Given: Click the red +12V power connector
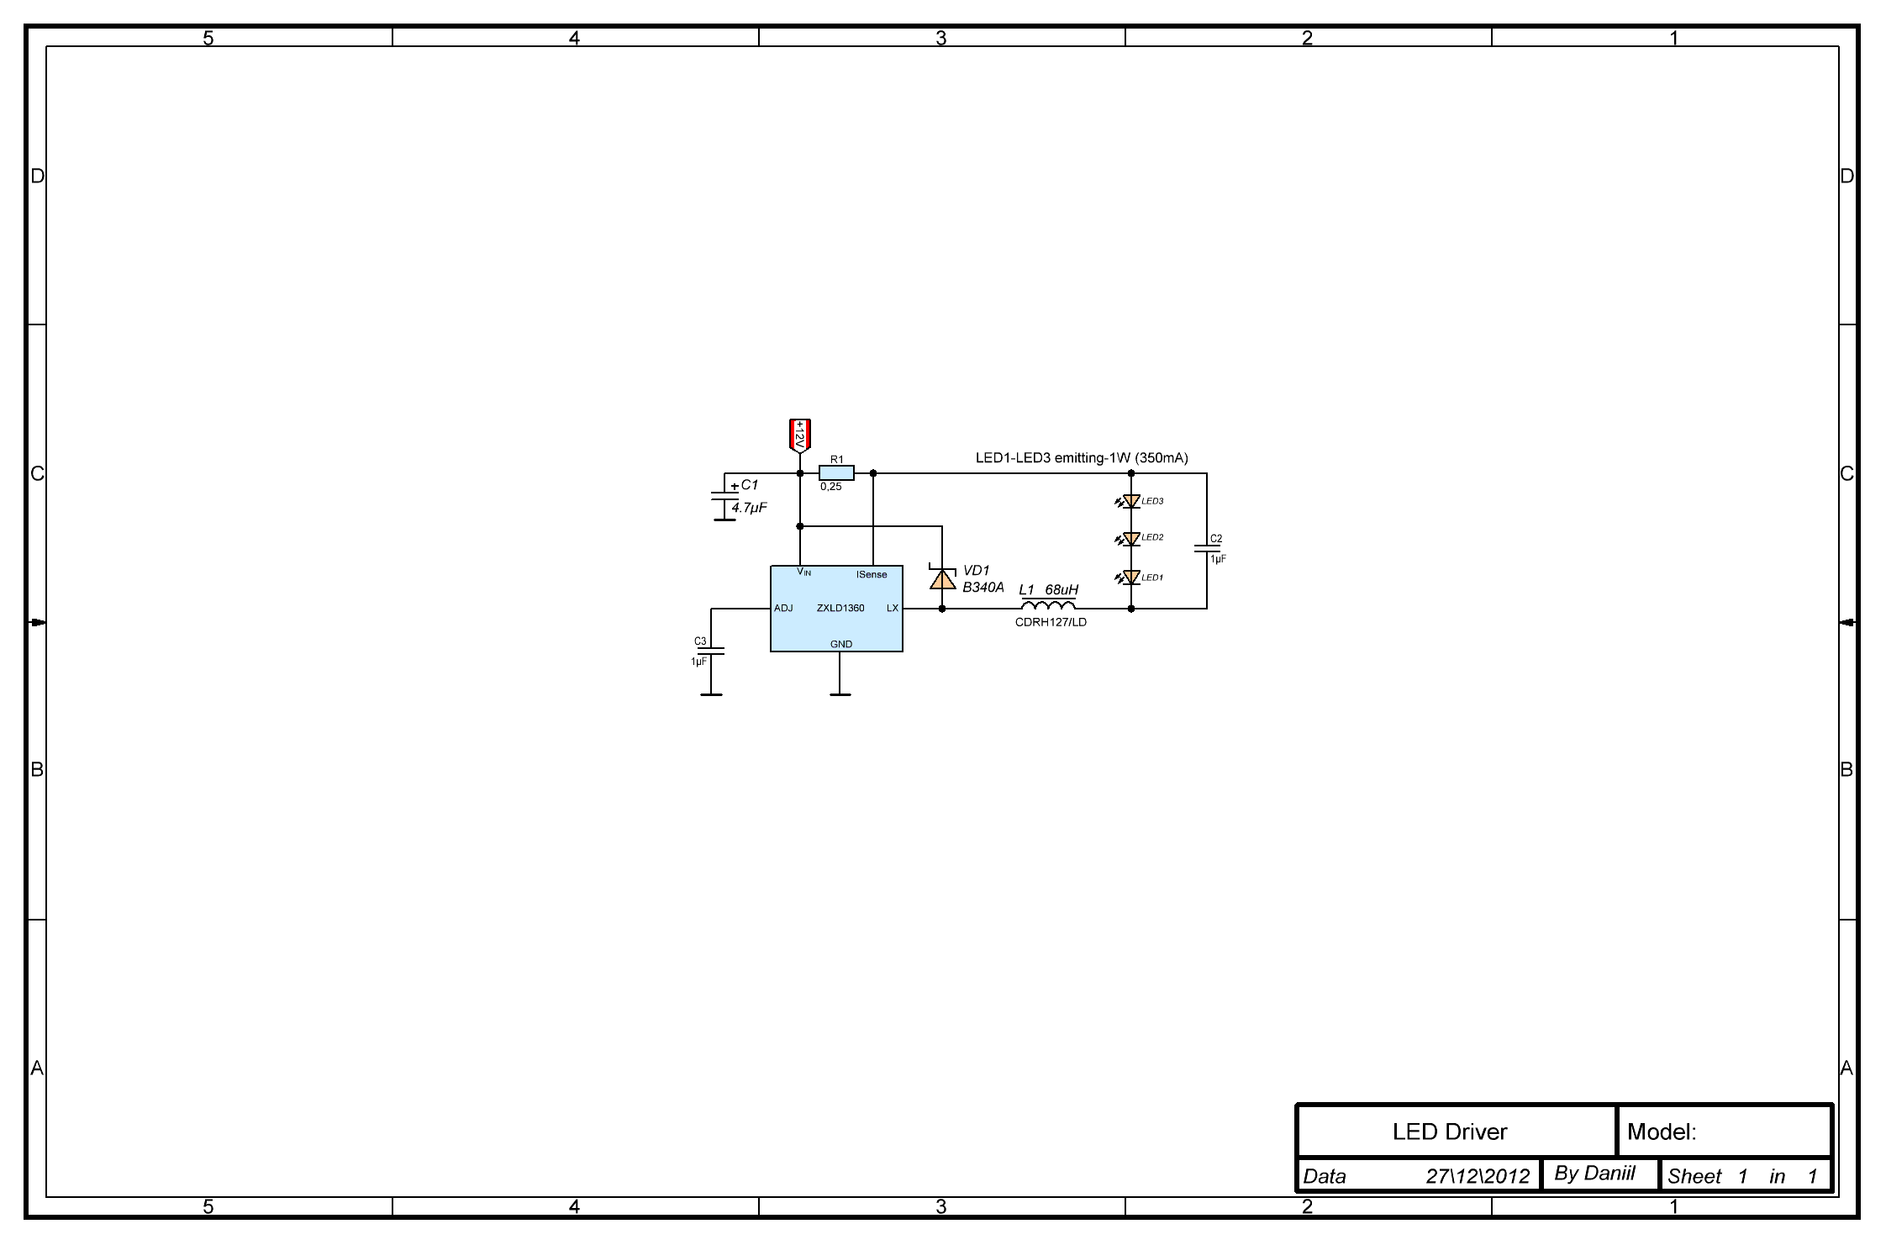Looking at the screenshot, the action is click(x=800, y=435).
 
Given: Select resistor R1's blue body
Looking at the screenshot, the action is click(x=836, y=473).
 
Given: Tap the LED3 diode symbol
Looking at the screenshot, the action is click(x=1131, y=501).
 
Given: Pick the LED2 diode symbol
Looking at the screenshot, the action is click(x=1131, y=538).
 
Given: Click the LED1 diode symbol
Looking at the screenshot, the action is click(x=1131, y=578).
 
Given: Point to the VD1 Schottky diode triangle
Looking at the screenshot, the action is click(x=942, y=578).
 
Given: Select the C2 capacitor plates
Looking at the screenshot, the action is click(x=1207, y=549).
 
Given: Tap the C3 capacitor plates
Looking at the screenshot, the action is click(x=711, y=652).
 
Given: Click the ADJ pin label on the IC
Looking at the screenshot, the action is click(x=783, y=608).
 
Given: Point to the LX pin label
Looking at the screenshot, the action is click(x=893, y=608).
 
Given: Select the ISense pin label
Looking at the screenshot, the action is click(x=872, y=575).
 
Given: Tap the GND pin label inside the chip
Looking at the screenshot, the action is click(x=841, y=644).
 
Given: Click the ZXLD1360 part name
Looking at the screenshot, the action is click(x=840, y=608).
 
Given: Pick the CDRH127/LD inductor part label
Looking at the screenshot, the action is click(x=1051, y=622).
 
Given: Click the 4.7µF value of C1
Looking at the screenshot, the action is click(x=749, y=508).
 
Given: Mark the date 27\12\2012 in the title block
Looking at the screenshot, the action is click(x=1478, y=1176).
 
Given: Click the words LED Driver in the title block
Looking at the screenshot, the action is click(x=1450, y=1132).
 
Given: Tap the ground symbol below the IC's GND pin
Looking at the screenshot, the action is click(x=840, y=694).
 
